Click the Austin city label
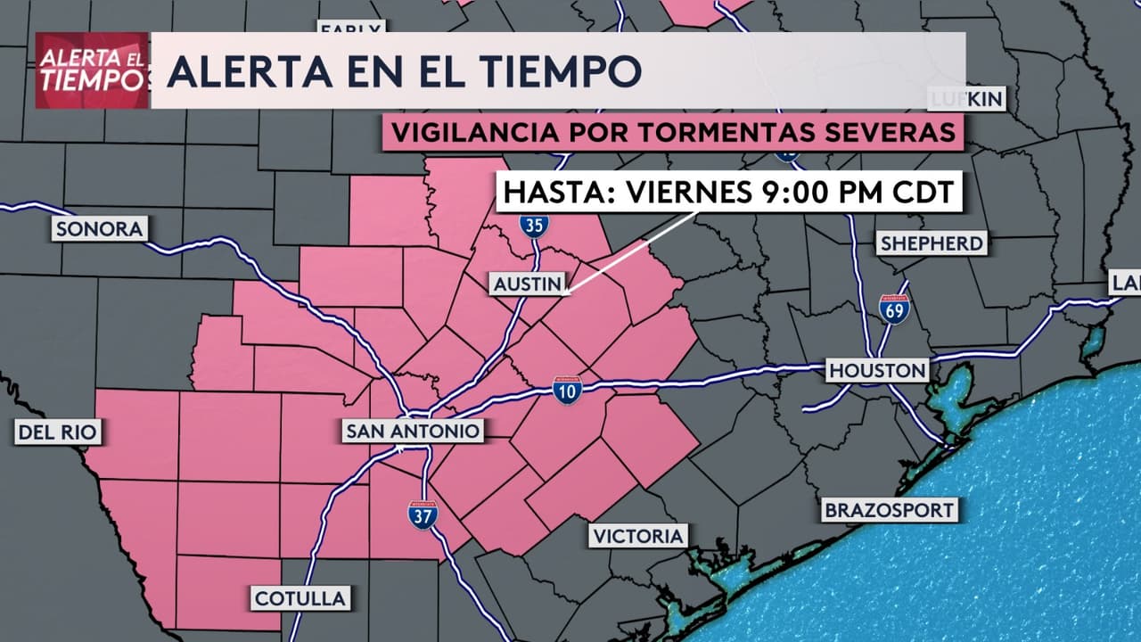pos(529,284)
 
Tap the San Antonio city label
pos(414,432)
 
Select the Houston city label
pos(878,370)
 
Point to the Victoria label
pos(637,536)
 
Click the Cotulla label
pos(300,597)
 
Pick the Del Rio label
pos(57,434)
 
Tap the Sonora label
pos(99,229)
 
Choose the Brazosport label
pos(890,511)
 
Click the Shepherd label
pos(932,243)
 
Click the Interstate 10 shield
pos(567,390)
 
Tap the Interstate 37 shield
pos(423,514)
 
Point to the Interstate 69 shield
pos(893,309)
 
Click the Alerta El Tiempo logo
pos(92,70)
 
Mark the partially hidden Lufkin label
pos(967,98)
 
